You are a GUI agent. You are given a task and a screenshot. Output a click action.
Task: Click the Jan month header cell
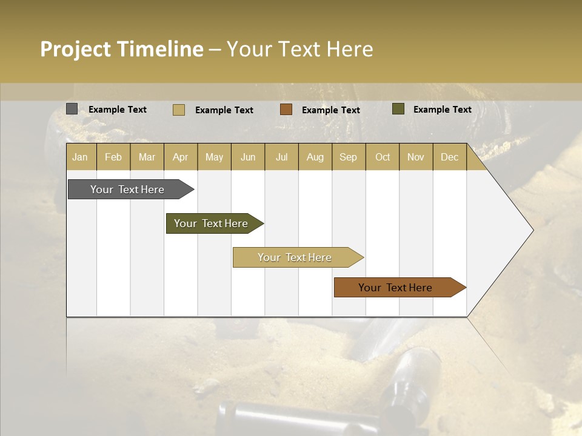80,157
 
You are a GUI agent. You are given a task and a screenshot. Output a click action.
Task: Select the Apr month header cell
180,157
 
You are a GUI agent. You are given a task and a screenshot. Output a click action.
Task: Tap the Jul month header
281,157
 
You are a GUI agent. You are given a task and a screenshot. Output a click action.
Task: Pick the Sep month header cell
348,157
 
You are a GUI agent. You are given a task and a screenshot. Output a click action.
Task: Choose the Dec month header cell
449,157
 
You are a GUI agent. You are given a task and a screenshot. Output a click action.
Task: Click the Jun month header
248,157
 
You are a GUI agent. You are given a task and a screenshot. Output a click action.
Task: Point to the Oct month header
383,157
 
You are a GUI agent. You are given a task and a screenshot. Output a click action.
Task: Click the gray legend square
72,109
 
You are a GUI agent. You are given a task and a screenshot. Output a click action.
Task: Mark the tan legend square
178,110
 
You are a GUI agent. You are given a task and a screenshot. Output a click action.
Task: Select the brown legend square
286,110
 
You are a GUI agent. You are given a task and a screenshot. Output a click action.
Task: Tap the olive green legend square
398,109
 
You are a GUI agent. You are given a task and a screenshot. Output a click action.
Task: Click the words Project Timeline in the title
121,49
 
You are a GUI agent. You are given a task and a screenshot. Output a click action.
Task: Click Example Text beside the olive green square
442,110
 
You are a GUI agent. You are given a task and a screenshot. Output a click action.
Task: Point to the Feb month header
113,157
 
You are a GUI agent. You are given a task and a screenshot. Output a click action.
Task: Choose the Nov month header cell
416,157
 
